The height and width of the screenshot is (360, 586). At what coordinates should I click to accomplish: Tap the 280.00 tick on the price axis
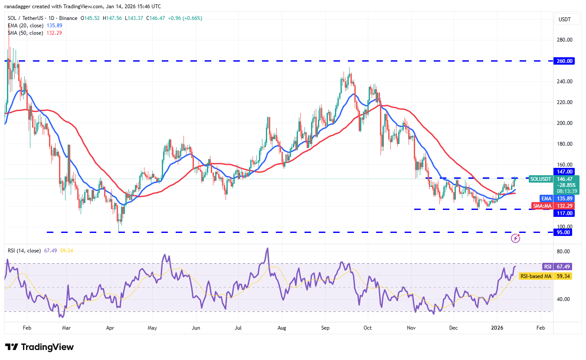565,40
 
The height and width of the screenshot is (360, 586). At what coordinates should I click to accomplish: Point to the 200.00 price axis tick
565,123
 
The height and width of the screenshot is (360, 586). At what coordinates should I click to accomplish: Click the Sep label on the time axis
326,328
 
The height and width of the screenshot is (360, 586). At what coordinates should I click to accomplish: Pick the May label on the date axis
152,328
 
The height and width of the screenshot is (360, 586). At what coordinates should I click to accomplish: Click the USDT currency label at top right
565,20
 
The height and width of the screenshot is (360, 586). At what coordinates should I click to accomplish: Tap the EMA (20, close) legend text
26,26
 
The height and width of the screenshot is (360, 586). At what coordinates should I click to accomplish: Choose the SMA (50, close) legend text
26,33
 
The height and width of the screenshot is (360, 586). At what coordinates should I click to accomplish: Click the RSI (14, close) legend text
24,251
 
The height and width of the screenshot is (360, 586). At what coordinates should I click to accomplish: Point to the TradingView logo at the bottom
39,347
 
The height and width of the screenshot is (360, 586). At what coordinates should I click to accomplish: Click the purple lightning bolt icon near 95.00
515,238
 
